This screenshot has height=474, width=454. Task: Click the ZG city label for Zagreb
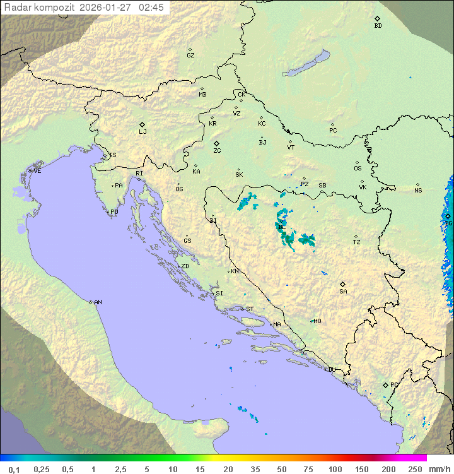pos(217,151)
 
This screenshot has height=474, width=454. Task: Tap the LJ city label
pos(143,132)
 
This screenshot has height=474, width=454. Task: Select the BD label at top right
pos(378,26)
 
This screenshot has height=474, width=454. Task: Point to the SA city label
pos(343,292)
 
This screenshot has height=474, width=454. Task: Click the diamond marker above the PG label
pos(385,384)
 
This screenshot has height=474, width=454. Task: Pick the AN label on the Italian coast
pos(98,302)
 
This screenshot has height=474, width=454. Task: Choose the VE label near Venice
pos(37,171)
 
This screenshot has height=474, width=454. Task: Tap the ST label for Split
pos(250,309)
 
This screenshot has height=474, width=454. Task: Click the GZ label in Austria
pos(190,56)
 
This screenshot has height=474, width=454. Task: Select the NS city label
pos(418,191)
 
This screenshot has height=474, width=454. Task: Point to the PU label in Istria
pos(114,212)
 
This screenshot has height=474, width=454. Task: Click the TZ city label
pos(357,242)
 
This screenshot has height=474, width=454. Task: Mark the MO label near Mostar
pos(317,321)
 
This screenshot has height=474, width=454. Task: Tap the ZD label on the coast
pos(185,266)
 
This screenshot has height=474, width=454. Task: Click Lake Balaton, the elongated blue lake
pos(306,64)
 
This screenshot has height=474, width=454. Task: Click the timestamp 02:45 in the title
pos(151,8)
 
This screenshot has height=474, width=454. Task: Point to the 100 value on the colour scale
pos(335,469)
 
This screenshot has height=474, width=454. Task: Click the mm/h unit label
pos(439,469)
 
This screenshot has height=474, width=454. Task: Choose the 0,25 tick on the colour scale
pos(42,469)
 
